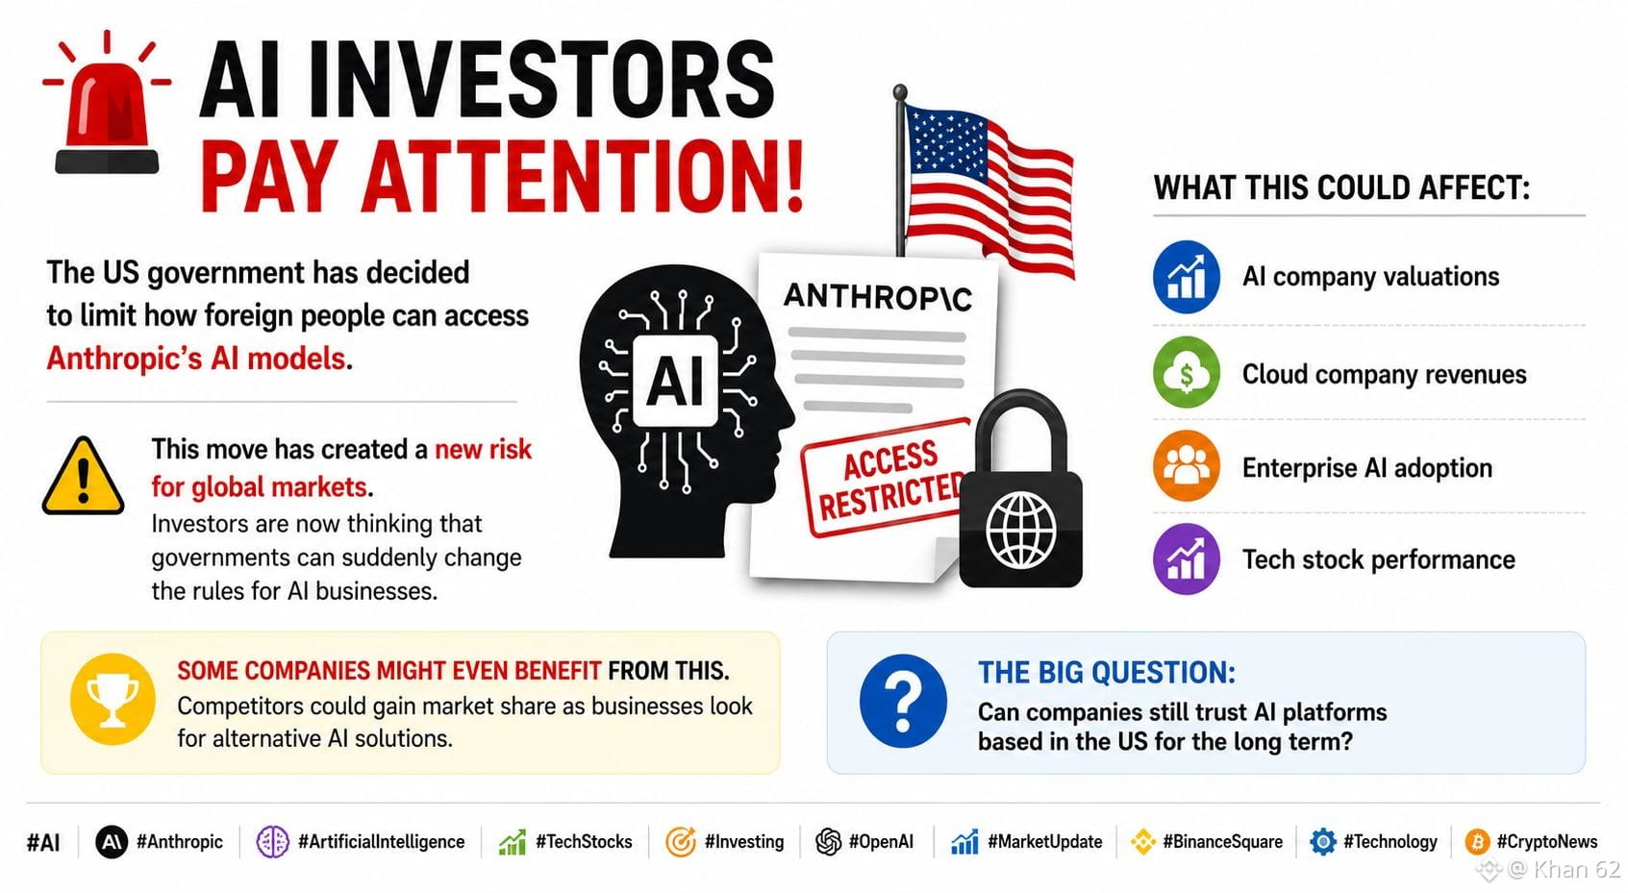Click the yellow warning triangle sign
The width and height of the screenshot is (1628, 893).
pyautogui.click(x=83, y=476)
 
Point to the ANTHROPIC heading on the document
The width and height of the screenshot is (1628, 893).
pyautogui.click(x=877, y=296)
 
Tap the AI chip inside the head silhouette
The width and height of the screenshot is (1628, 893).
pyautogui.click(x=676, y=381)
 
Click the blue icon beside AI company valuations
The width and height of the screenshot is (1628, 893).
pyautogui.click(x=1186, y=277)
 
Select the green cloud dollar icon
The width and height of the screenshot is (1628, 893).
pyautogui.click(x=1186, y=372)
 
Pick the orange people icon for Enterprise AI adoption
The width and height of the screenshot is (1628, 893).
pyautogui.click(x=1186, y=466)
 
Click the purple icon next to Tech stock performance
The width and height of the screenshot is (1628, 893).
pyautogui.click(x=1186, y=558)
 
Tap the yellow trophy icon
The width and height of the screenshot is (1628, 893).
pyautogui.click(x=113, y=699)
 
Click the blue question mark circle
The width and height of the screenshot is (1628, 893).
pyautogui.click(x=903, y=701)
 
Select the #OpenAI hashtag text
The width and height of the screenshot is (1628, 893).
pyautogui.click(x=881, y=841)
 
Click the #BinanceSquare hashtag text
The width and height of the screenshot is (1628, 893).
pyautogui.click(x=1222, y=841)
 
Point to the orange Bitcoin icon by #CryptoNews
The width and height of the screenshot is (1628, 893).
pyautogui.click(x=1477, y=841)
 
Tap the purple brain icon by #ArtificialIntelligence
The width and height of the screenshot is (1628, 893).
pyautogui.click(x=272, y=841)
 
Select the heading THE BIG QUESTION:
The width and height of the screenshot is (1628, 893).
pyautogui.click(x=1106, y=672)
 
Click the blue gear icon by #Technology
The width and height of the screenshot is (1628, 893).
pyautogui.click(x=1323, y=841)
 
